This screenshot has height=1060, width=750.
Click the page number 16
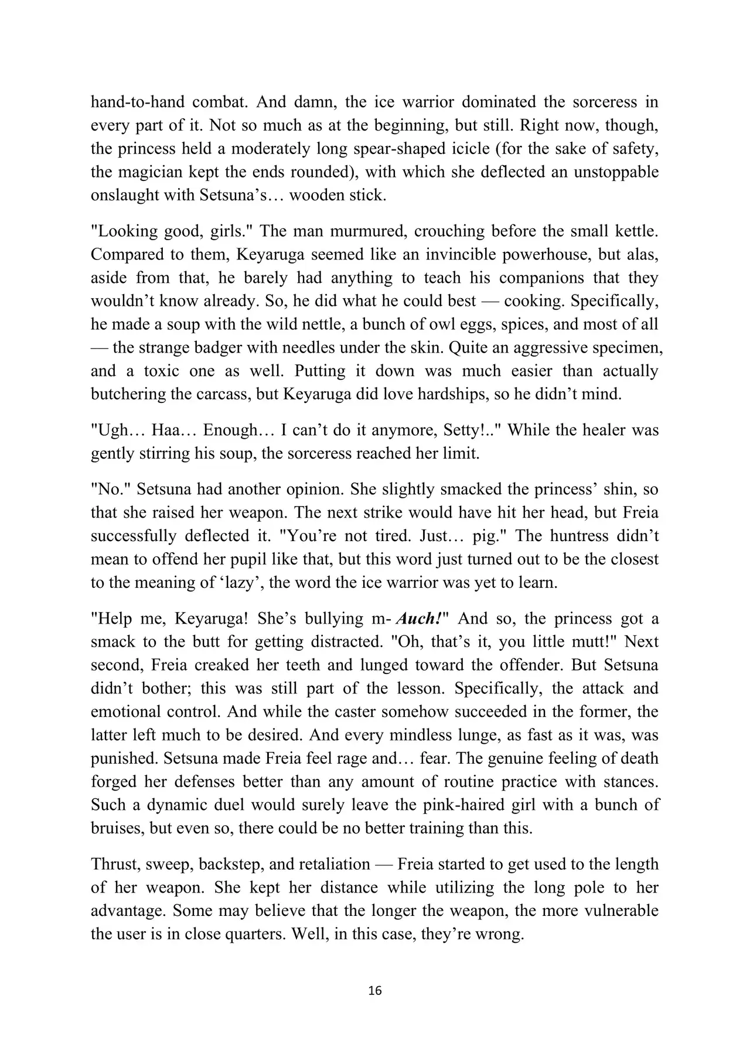point(375,991)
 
